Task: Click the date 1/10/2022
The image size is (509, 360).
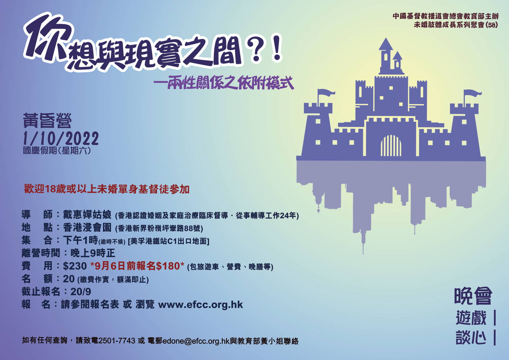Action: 61,138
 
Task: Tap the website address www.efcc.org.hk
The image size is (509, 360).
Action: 200,305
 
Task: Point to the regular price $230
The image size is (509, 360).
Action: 75,266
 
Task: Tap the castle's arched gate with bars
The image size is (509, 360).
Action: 391,145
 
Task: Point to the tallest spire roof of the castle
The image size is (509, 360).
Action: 386,44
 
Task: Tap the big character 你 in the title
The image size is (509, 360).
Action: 48,39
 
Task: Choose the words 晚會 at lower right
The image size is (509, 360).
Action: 473,296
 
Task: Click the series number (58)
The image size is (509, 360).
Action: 492,25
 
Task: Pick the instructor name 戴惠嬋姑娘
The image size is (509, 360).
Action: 87,215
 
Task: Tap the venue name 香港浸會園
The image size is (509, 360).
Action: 87,227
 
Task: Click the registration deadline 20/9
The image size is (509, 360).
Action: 81,292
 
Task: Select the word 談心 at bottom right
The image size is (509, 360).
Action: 471,337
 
